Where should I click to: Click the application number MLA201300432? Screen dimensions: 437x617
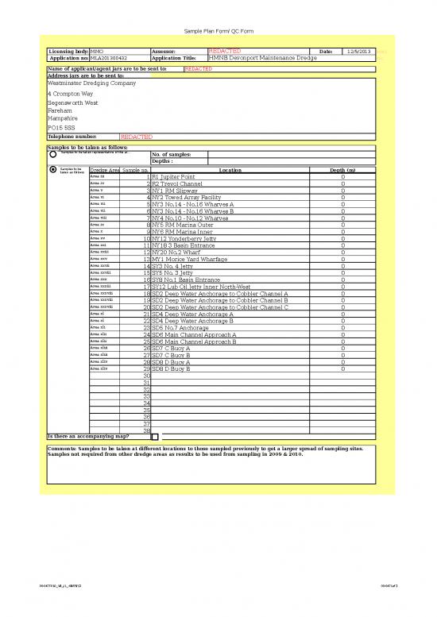pos(109,59)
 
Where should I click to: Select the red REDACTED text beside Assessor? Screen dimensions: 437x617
pos(224,52)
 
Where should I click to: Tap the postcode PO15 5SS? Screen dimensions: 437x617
pos(63,128)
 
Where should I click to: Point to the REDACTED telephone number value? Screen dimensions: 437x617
pos(137,137)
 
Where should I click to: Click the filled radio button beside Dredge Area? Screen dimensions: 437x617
pos(52,170)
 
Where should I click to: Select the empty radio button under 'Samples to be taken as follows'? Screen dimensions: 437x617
pos(52,155)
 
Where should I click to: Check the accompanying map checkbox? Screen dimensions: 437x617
pos(155,437)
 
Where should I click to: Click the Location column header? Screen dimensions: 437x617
pos(230,170)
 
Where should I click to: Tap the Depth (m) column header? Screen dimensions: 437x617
pos(342,170)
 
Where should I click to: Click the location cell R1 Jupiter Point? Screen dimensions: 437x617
pos(173,177)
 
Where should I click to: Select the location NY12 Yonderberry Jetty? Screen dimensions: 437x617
pos(184,238)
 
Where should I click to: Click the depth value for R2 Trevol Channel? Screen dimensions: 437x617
pos(342,183)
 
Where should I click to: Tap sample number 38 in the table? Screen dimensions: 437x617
pos(146,430)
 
